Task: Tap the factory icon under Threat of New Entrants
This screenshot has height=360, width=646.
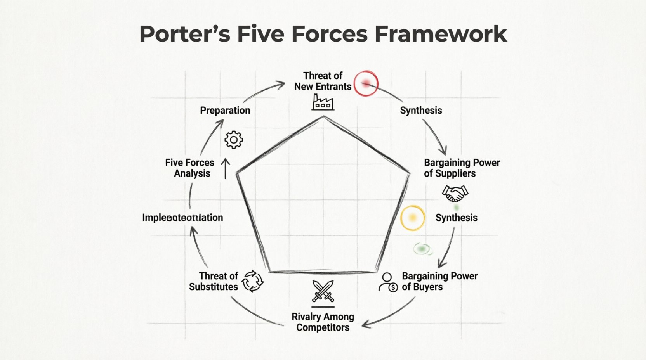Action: pyautogui.click(x=323, y=102)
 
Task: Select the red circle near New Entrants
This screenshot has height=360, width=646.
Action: pyautogui.click(x=366, y=83)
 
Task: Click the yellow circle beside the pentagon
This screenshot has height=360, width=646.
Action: pyautogui.click(x=412, y=218)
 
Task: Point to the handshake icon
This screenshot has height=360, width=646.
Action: pyautogui.click(x=455, y=193)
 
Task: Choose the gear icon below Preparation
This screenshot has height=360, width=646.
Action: pyautogui.click(x=234, y=140)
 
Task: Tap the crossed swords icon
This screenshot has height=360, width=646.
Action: pyautogui.click(x=323, y=291)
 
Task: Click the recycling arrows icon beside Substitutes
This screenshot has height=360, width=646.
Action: pyautogui.click(x=252, y=281)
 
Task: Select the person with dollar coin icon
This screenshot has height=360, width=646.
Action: pyautogui.click(x=388, y=282)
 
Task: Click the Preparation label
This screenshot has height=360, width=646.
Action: pyautogui.click(x=225, y=111)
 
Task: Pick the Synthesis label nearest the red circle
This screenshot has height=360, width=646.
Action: pyautogui.click(x=421, y=111)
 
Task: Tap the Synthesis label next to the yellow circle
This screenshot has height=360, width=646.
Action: pyautogui.click(x=456, y=218)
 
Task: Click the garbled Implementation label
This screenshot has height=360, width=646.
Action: pyautogui.click(x=182, y=218)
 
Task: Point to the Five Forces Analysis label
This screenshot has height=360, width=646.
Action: pyautogui.click(x=190, y=168)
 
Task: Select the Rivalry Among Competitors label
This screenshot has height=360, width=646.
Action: pyautogui.click(x=323, y=322)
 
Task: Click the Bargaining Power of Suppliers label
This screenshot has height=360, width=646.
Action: pyautogui.click(x=462, y=168)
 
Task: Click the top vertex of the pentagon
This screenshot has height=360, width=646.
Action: pyautogui.click(x=323, y=116)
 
